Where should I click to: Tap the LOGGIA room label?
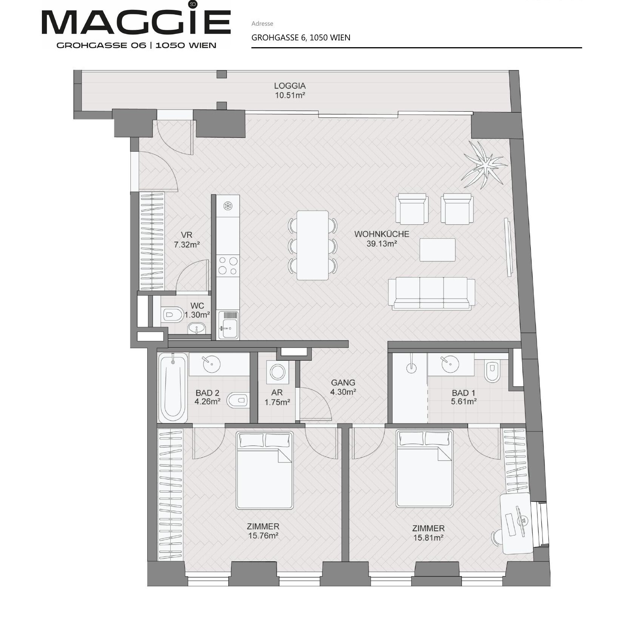tap(290, 86)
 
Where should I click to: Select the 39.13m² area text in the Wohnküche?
tap(381, 244)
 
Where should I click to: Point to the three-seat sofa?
tap(432, 293)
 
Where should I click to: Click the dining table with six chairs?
tap(312, 245)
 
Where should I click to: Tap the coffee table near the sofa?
tap(438, 250)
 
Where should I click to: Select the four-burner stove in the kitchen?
tap(228, 265)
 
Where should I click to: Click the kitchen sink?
tap(228, 325)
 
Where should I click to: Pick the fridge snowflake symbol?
tap(228, 206)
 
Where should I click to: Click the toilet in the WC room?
tap(172, 314)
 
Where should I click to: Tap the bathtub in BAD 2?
tap(173, 387)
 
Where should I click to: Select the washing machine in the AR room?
tap(277, 372)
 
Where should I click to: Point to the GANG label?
tap(343, 382)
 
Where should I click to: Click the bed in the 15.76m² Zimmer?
tap(264, 470)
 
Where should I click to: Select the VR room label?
tap(186, 235)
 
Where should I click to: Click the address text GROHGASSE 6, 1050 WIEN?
tap(301, 37)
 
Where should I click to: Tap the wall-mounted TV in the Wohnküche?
tap(508, 247)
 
